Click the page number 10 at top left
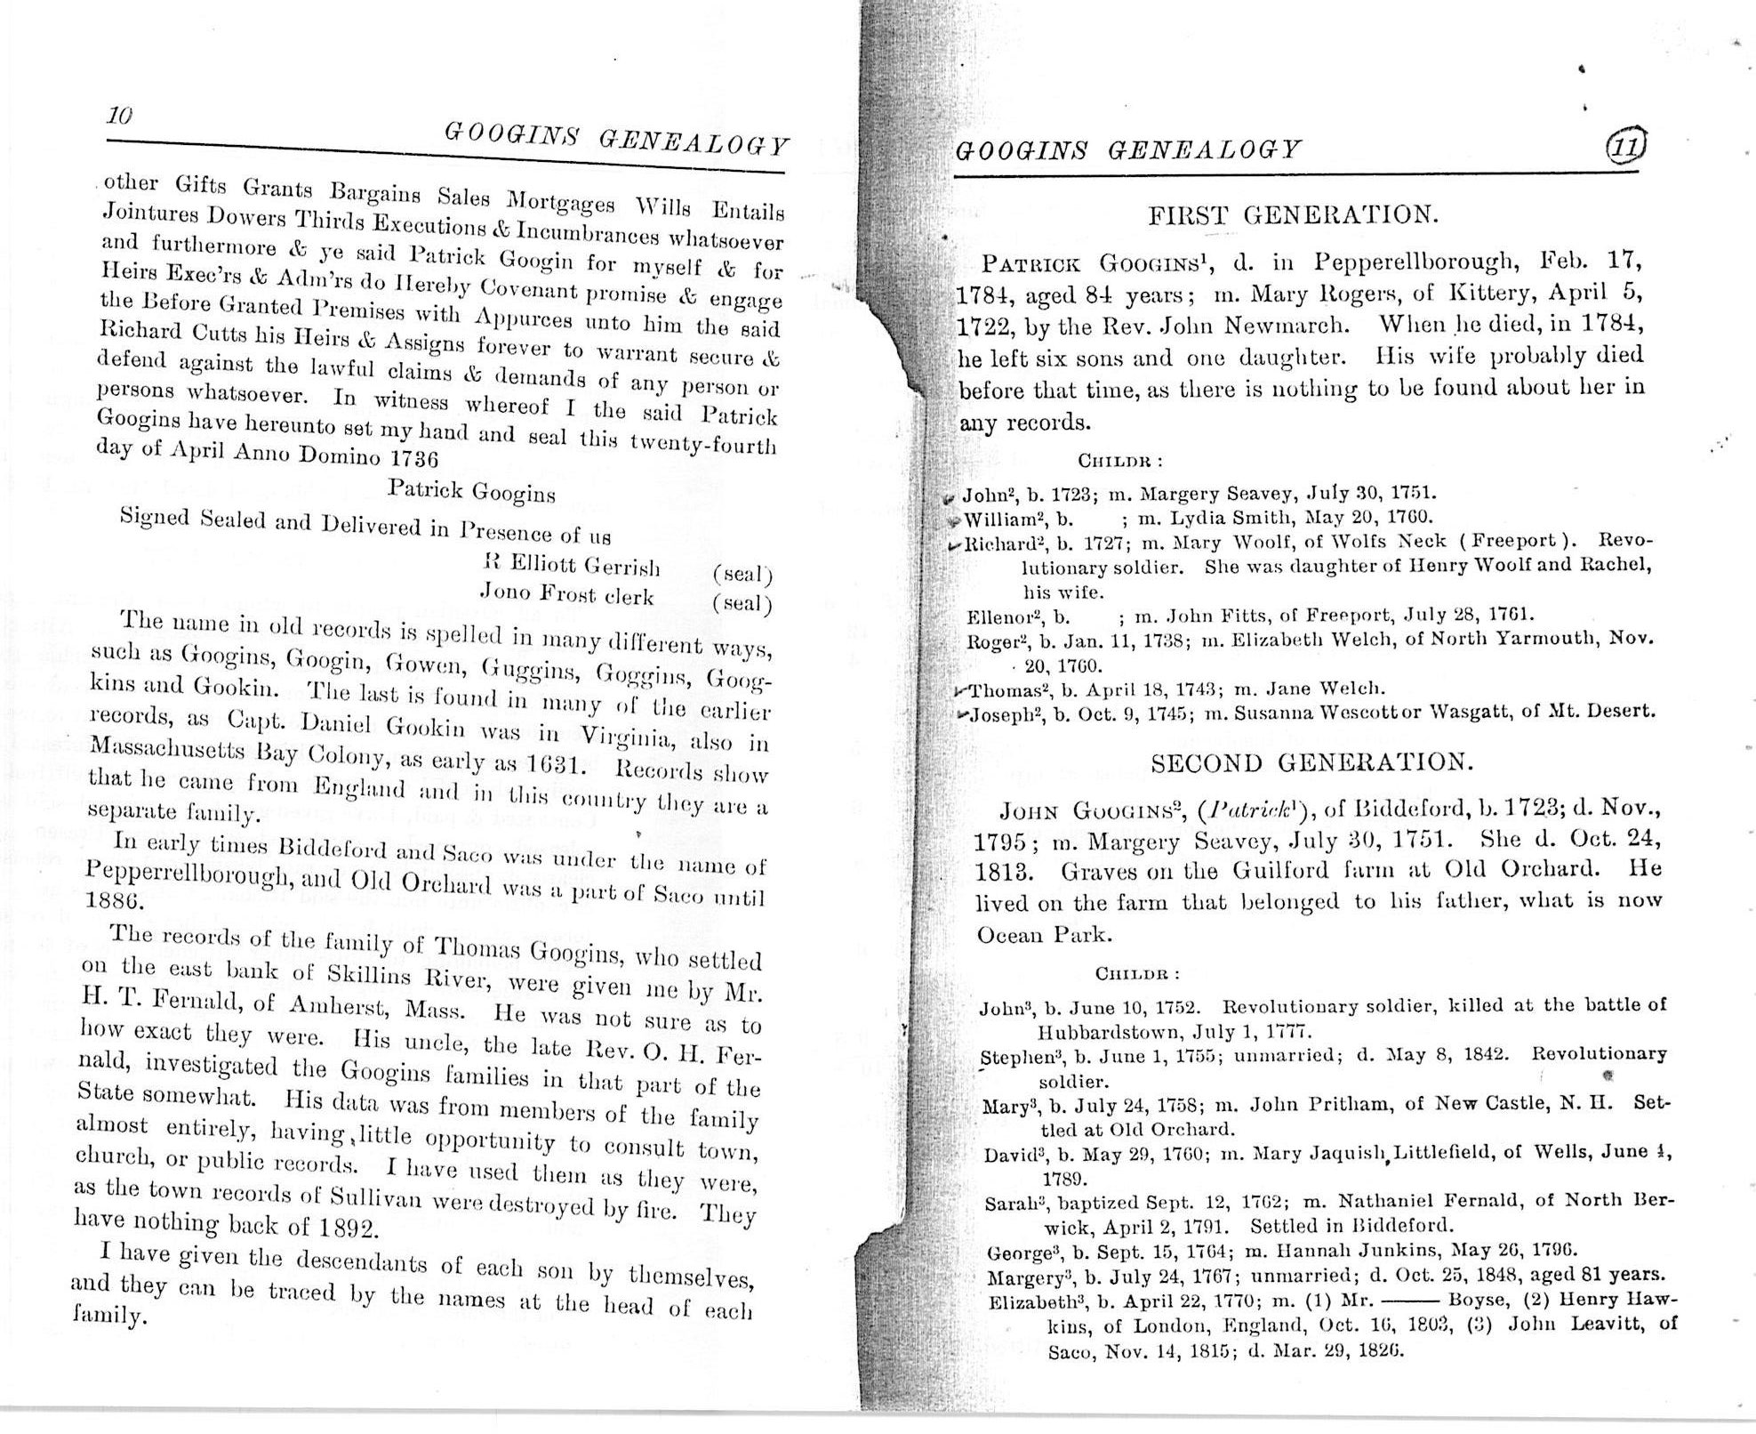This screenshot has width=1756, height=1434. point(119,116)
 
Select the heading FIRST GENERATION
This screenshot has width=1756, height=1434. point(1293,214)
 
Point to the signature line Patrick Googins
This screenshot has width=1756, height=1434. point(471,490)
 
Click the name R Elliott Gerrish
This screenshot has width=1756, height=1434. point(570,566)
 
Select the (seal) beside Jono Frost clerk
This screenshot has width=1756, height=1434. point(742,605)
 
